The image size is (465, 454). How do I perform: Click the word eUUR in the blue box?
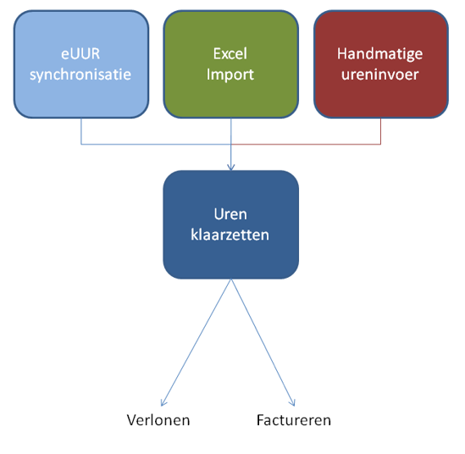[80, 54]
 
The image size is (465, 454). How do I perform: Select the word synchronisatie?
[80, 75]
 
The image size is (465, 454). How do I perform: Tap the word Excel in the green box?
[230, 53]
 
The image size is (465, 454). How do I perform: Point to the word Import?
[230, 75]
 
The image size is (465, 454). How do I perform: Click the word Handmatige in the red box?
[380, 54]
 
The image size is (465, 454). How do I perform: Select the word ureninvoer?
[380, 75]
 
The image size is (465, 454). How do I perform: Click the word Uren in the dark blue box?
[230, 214]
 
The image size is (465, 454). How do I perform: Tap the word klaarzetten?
[230, 235]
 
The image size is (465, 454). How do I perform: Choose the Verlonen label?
[158, 420]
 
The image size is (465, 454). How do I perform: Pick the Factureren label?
[294, 420]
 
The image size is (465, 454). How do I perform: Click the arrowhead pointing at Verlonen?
[163, 403]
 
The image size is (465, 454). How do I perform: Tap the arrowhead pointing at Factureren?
[293, 403]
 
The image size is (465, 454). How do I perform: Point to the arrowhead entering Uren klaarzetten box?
[231, 168]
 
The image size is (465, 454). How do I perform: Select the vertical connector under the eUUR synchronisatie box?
[81, 131]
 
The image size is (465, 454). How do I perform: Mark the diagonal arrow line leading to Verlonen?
[196, 342]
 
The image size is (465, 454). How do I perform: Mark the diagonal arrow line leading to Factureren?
[263, 342]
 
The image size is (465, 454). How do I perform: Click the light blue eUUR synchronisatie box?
[81, 64]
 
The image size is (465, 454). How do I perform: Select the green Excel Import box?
[231, 64]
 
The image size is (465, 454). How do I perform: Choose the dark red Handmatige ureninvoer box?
[381, 64]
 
